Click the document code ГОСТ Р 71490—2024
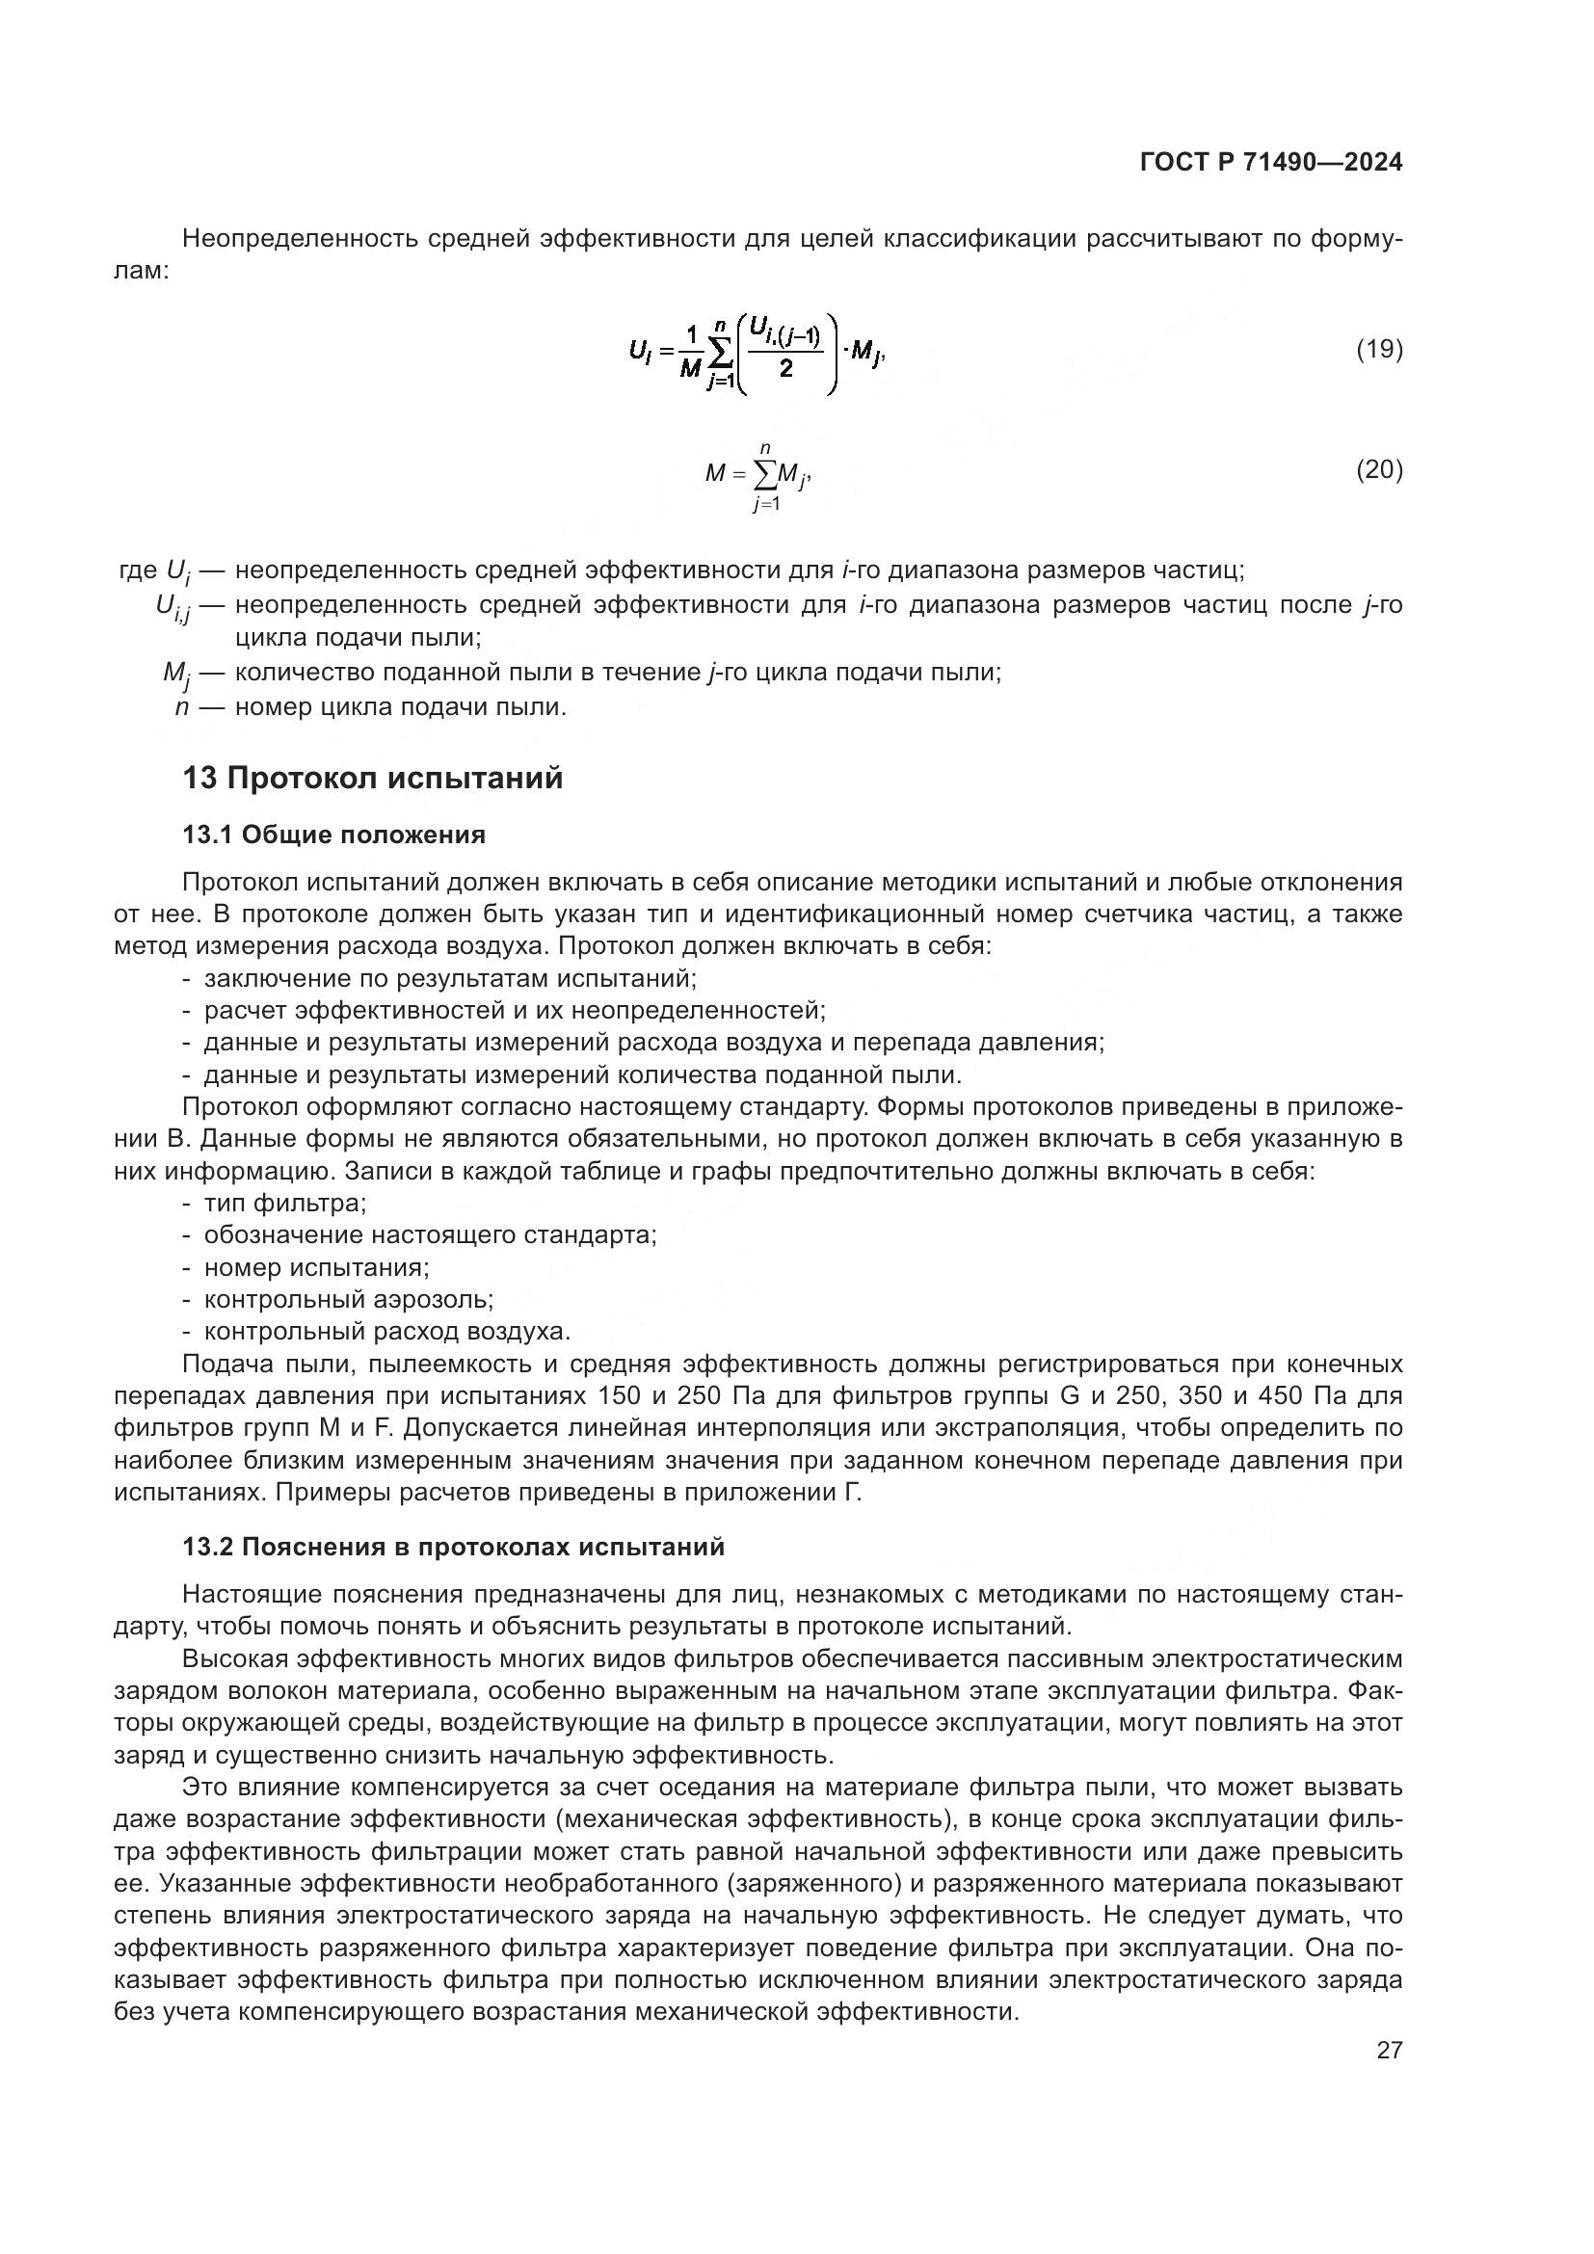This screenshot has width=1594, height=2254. (1271, 162)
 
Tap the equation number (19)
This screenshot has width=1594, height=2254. (1379, 349)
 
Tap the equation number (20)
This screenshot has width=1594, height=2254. (1379, 470)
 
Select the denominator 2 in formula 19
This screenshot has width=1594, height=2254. (785, 370)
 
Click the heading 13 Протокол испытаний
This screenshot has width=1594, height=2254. (373, 779)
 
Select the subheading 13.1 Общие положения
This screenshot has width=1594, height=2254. (333, 835)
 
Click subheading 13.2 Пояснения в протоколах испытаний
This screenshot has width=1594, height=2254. (454, 1548)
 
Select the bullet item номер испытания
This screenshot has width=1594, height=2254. (316, 1267)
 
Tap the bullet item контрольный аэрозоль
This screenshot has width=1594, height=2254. (349, 1300)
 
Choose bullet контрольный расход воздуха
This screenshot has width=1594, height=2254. (386, 1332)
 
